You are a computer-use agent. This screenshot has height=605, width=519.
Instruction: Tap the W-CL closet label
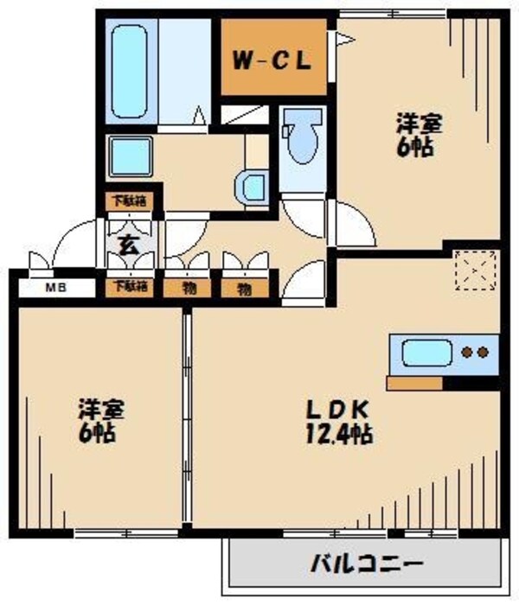[x=270, y=61]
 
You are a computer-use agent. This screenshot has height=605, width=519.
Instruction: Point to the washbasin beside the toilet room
[x=253, y=186]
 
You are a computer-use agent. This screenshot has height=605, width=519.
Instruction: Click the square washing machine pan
[x=131, y=155]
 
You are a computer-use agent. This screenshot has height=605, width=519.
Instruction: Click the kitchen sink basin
[x=426, y=353]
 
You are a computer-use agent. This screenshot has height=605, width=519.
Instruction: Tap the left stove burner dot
[x=467, y=353]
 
